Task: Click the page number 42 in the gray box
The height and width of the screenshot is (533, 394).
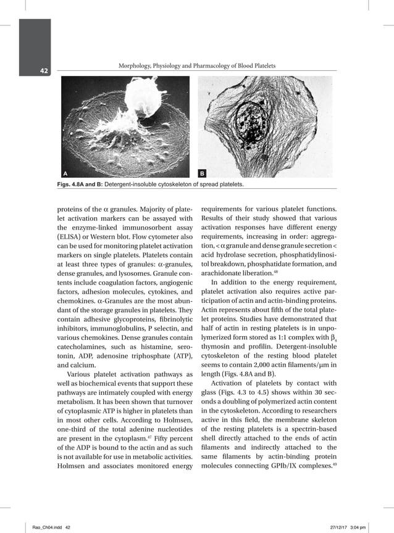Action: (x=27, y=71)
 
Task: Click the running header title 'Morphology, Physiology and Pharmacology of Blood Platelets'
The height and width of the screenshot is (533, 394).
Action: (x=196, y=66)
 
